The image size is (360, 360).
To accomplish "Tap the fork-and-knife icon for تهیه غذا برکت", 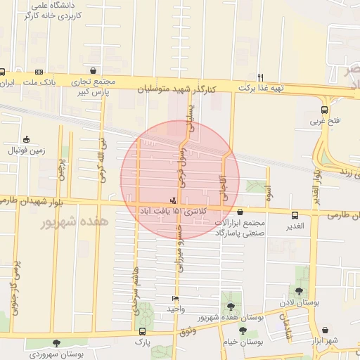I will tap(261, 77).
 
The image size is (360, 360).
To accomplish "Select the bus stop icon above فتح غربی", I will tap(324, 110).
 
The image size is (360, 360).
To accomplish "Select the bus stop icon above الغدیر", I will tap(296, 215).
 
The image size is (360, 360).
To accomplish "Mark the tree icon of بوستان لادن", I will tap(299, 291).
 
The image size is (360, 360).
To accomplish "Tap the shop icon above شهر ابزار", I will tap(326, 330).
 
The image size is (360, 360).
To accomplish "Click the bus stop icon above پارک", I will tap(143, 331).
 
